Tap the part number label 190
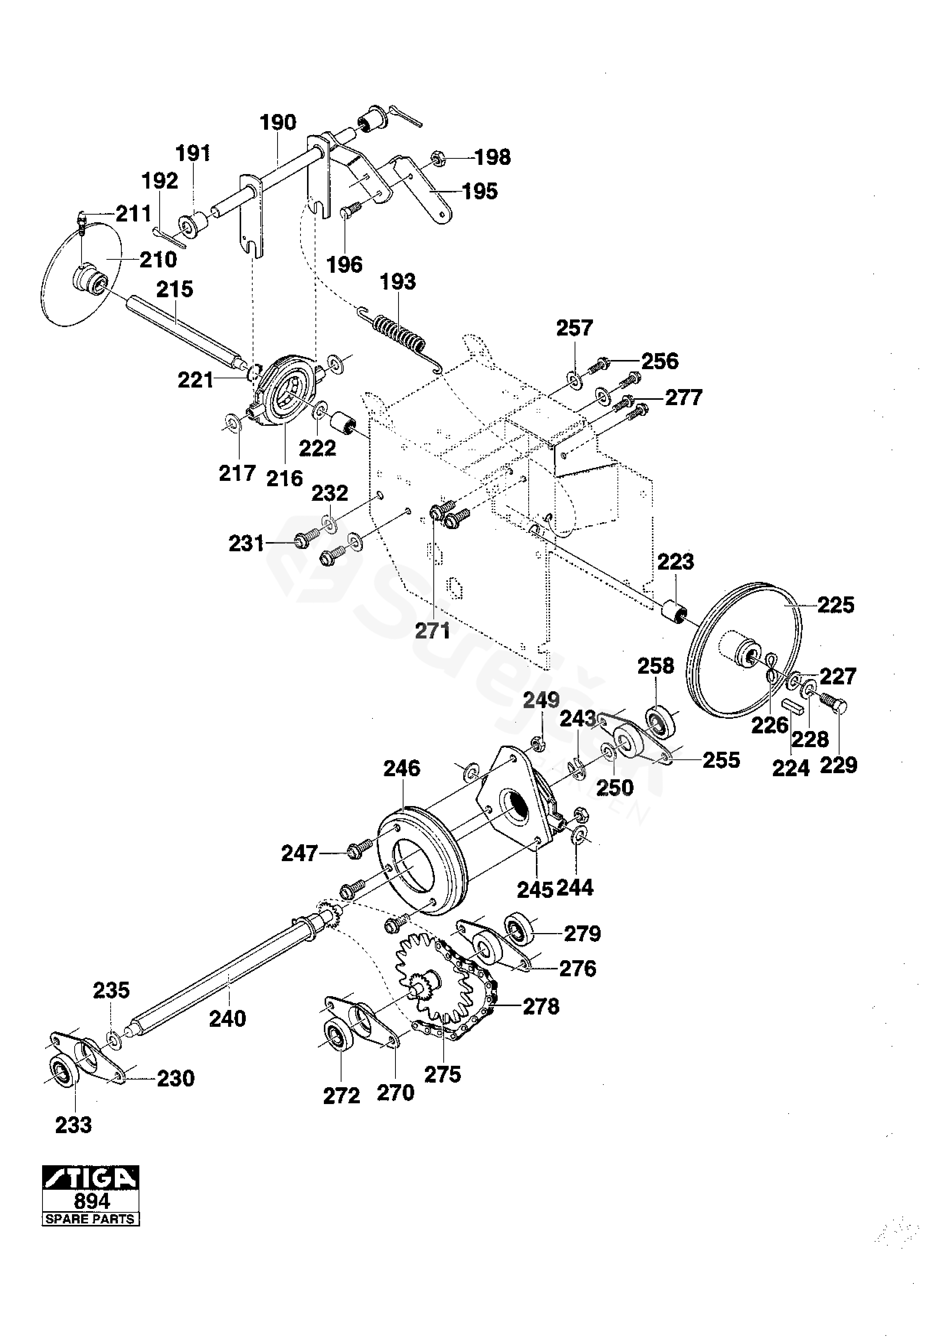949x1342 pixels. (278, 123)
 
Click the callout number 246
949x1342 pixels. (402, 768)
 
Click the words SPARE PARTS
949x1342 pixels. (91, 1219)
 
